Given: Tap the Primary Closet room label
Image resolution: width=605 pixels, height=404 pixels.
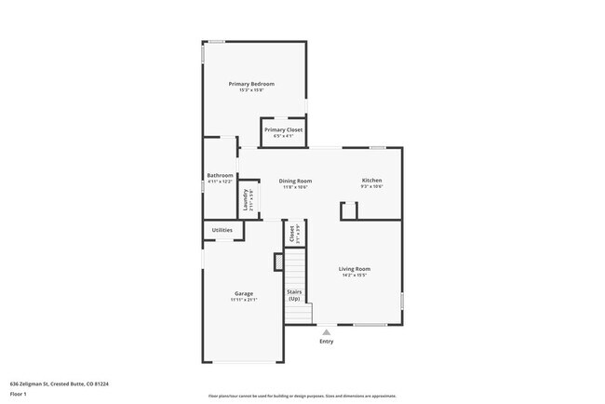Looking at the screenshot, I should click(x=283, y=130).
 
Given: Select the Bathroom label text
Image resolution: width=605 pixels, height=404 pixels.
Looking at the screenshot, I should click(x=221, y=175).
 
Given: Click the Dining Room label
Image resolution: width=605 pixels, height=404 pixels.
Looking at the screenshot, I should click(x=296, y=181).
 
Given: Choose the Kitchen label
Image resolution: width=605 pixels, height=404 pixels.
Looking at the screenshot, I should click(x=371, y=181).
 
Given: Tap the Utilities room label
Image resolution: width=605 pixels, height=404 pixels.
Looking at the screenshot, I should click(x=222, y=230).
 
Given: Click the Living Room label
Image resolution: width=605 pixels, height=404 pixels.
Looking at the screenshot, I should click(x=355, y=269).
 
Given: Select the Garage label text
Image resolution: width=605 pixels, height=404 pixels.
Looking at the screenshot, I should click(x=244, y=293).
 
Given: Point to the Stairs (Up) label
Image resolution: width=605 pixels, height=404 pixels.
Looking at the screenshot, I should click(x=294, y=295).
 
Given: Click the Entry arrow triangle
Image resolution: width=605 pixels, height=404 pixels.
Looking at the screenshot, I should click(x=326, y=331).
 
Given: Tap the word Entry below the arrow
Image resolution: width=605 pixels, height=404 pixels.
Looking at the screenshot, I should click(x=326, y=342).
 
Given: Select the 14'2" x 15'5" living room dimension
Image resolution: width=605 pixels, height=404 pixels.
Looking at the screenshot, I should click(x=355, y=276).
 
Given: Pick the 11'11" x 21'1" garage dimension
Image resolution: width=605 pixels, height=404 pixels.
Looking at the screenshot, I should click(x=244, y=300).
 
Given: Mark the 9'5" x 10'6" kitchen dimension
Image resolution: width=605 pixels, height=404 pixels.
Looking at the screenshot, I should click(x=371, y=187).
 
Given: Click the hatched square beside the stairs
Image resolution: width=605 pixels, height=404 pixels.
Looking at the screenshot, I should click(x=277, y=263).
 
